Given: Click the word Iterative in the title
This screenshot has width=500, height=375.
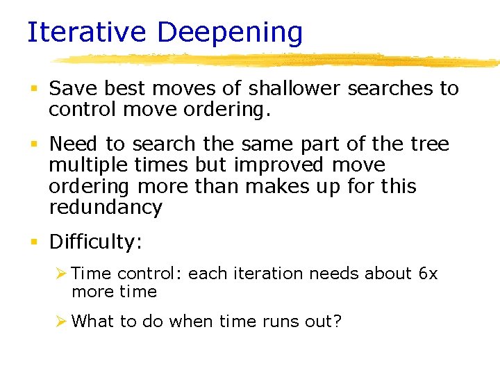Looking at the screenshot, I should click(x=87, y=33).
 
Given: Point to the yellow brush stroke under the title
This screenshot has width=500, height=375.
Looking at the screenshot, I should click(x=278, y=60).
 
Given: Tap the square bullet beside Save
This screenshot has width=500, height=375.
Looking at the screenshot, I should click(x=34, y=89).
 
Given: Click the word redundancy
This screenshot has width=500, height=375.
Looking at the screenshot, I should click(x=106, y=207).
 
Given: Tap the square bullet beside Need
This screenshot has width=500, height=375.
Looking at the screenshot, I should click(x=34, y=144).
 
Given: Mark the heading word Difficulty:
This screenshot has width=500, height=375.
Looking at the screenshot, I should click(x=95, y=242).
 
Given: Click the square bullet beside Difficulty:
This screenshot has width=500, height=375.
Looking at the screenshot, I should click(x=34, y=242).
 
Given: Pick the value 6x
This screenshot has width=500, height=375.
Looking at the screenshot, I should click(x=428, y=274).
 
